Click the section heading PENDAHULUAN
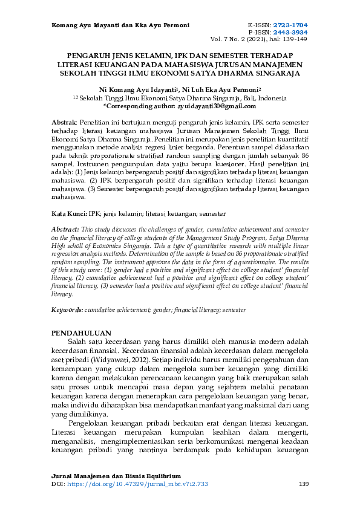(81, 333)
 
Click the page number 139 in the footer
(304, 484)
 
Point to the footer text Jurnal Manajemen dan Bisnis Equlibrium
(116, 476)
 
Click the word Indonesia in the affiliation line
(272, 97)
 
